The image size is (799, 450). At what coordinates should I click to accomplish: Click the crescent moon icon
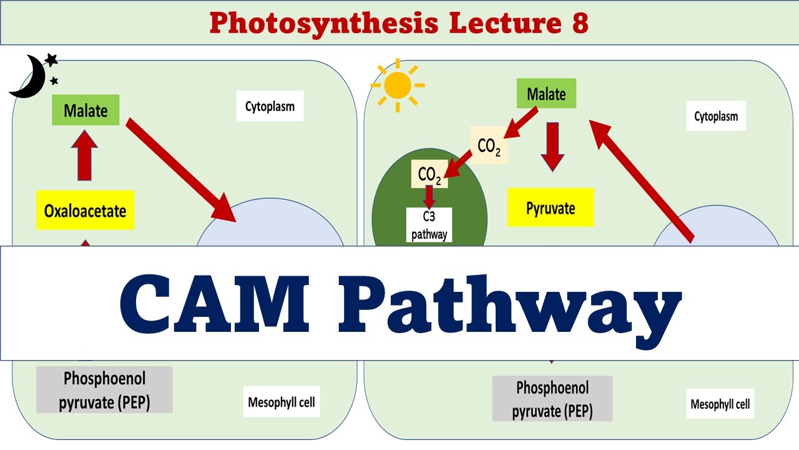pos(26,78)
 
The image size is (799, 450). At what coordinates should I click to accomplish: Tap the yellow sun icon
pos(398,85)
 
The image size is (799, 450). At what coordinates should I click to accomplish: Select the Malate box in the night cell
pos(86,111)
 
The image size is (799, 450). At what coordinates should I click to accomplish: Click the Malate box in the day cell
pos(546,94)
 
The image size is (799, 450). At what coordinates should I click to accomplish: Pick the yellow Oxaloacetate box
pos(86,210)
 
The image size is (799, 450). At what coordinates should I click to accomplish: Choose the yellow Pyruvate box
pos(550,208)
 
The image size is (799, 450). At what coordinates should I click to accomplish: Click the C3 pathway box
pos(428,225)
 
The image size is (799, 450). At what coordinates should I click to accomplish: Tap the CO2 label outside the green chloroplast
pos(489,147)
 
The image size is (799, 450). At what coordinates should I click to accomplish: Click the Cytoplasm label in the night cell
pos(270,106)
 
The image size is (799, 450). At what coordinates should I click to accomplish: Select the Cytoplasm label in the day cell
pos(716,116)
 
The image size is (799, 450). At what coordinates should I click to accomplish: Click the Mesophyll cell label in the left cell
pos(282,402)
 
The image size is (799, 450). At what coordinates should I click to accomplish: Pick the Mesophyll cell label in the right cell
pos(720,404)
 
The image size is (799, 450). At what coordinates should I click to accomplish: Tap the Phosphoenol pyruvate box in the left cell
pos(104,389)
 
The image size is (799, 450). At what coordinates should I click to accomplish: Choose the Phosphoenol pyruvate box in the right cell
pos(552,399)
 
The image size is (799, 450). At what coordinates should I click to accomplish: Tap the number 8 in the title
pos(578,23)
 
